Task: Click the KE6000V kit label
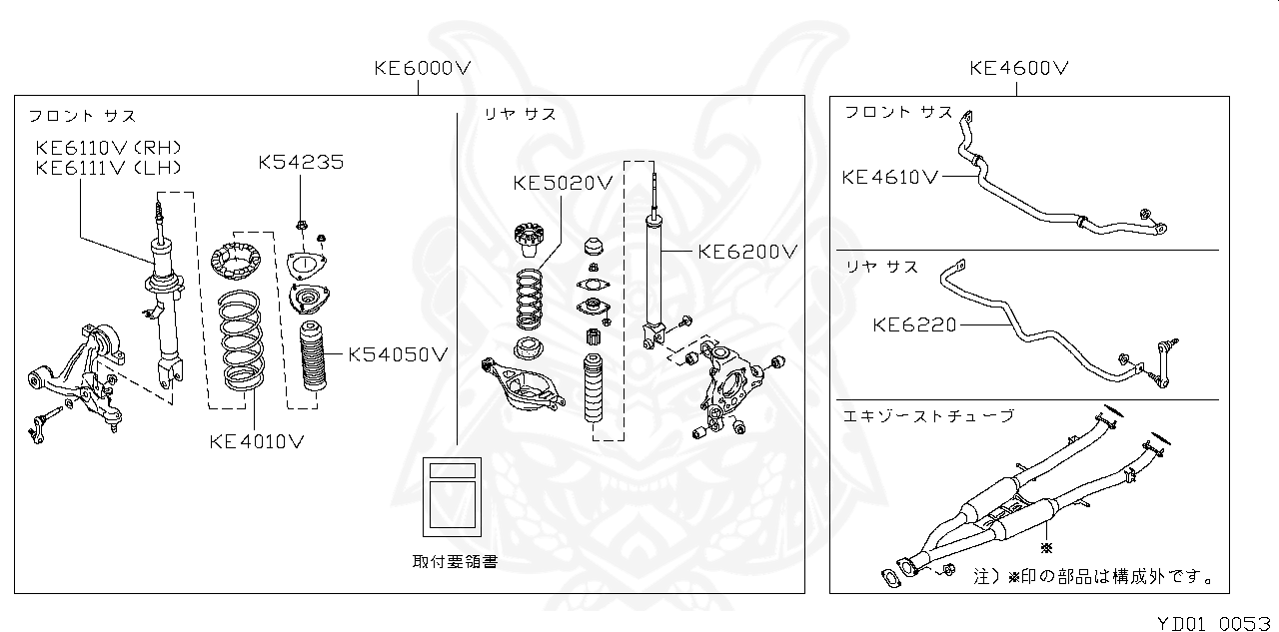tap(422, 69)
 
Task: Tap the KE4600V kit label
tap(1019, 69)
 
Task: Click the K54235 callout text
tap(301, 162)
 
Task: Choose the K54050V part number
tap(398, 353)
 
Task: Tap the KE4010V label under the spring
tap(257, 439)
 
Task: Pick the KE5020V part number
tap(562, 183)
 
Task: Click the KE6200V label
tap(748, 253)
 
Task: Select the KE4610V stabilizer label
tap(890, 178)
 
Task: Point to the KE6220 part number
tap(915, 323)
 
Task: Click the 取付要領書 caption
tap(455, 561)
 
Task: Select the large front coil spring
tap(238, 339)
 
